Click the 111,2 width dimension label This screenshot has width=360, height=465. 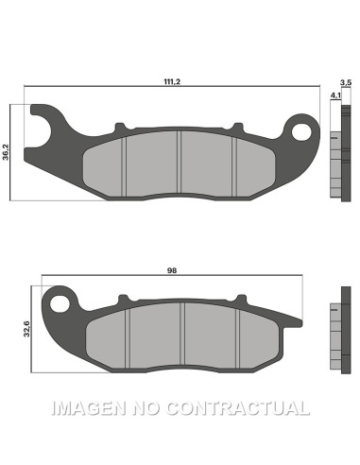click(171, 83)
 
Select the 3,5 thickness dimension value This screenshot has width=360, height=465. click(345, 84)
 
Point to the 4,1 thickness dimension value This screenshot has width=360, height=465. click(334, 95)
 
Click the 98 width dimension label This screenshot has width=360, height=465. click(171, 270)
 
